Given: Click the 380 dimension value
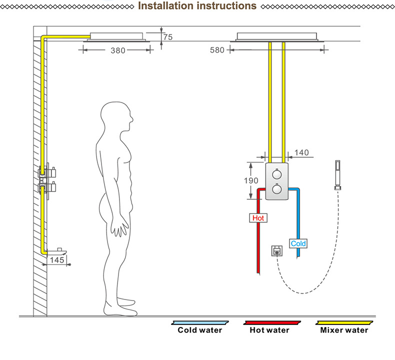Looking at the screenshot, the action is [x=118, y=50].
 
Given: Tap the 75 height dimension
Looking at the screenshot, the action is [x=168, y=37].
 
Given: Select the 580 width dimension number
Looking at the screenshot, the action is [x=217, y=50].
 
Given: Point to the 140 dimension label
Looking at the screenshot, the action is [x=301, y=152].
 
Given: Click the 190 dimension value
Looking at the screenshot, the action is [x=251, y=180].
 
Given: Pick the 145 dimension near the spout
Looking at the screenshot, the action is [x=57, y=259].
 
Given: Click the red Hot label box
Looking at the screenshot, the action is [x=258, y=218].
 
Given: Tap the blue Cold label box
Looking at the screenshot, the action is [x=298, y=243].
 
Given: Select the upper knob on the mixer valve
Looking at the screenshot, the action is [x=277, y=174].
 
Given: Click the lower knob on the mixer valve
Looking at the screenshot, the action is [x=277, y=189].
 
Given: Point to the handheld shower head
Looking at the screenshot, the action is [x=338, y=175].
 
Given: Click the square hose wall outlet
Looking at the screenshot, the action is [x=277, y=250].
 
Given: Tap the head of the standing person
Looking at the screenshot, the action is [x=116, y=116].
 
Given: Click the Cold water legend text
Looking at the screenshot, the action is [x=200, y=330].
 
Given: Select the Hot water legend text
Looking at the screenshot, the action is [x=269, y=330].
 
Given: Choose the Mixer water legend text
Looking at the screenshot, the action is [x=344, y=330].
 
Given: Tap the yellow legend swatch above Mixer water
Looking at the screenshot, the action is [x=344, y=322].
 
